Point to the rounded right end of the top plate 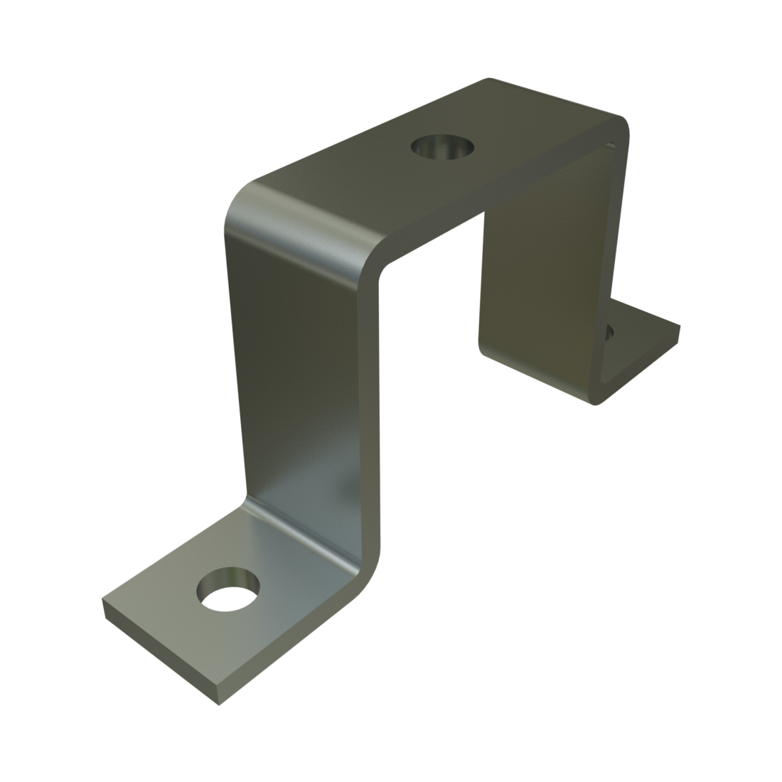622,128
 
